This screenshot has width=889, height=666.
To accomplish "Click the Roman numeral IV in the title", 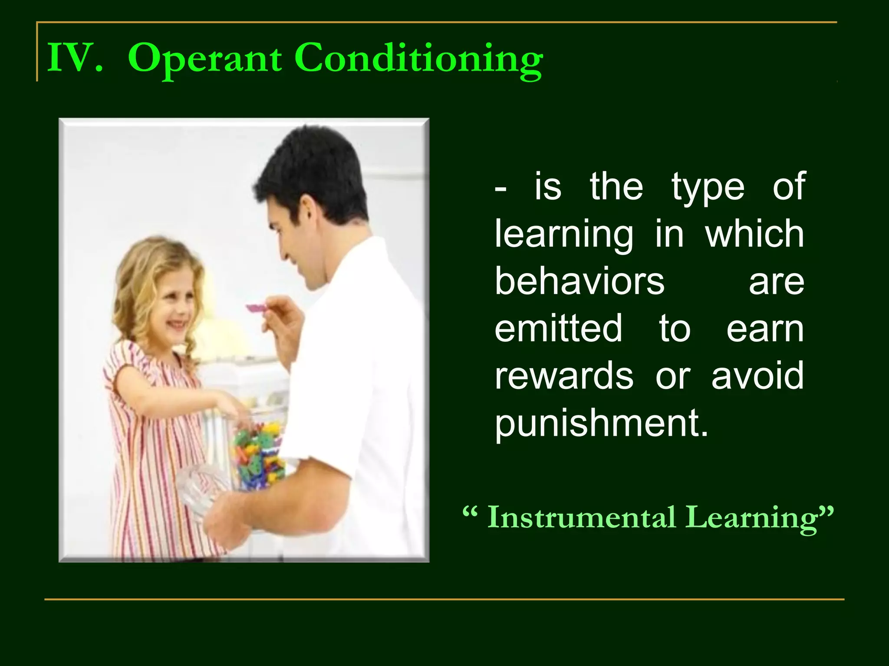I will (75, 58).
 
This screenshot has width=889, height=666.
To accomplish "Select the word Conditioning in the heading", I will (418, 59).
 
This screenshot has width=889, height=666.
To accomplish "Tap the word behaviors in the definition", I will (579, 281).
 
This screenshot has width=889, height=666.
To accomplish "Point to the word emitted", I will (559, 328).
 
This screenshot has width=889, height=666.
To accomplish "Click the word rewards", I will (564, 375).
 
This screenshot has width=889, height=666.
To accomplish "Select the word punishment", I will (601, 423).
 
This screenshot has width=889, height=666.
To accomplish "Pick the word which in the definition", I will (754, 234).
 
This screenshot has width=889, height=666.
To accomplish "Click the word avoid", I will (757, 375).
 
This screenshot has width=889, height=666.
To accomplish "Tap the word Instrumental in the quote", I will (582, 517).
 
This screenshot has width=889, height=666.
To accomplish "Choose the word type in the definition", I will (708, 187).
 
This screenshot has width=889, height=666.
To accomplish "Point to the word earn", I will (765, 328).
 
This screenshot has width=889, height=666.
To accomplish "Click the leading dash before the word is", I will (500, 189).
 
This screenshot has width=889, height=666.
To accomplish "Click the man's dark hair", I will (313, 169).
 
